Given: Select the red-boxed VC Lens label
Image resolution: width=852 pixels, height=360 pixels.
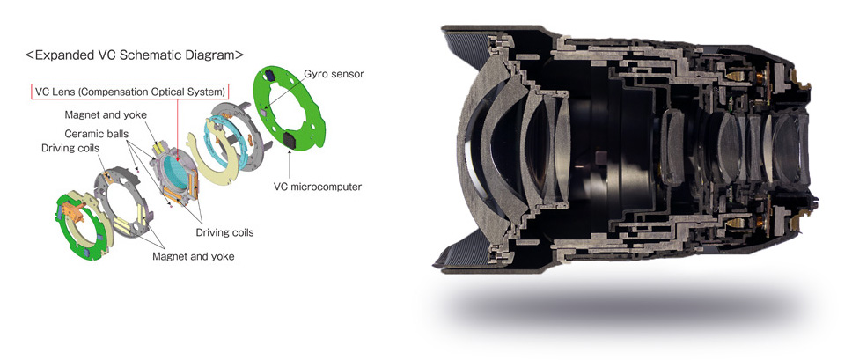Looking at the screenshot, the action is tap(129, 92).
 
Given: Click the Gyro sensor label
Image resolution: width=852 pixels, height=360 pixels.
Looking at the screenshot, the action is tap(334, 74).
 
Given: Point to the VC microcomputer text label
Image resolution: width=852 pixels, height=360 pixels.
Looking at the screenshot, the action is tap(318, 187).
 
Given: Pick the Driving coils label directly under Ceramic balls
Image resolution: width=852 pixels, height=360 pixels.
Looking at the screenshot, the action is tap(70, 148).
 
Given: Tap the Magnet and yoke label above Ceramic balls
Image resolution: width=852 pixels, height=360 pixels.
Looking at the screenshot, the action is tap(106, 115).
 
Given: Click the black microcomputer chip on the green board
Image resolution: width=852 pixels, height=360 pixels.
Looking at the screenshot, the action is tap(290, 141).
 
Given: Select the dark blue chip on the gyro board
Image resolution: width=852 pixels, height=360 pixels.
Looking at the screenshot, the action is tap(270, 75).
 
